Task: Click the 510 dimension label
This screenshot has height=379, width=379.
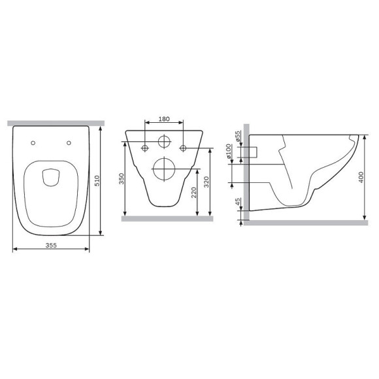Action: (97, 181)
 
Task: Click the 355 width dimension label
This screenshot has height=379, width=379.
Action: (51, 245)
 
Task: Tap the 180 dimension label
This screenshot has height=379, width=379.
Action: (164, 119)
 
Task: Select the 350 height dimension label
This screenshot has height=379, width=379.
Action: (122, 178)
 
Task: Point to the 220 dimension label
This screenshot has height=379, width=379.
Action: (194, 193)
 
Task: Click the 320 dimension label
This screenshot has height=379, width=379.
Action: (206, 182)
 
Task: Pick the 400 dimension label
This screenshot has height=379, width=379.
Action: (361, 177)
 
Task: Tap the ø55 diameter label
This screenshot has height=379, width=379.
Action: (238, 137)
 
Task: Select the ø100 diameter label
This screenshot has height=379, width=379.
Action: (229, 152)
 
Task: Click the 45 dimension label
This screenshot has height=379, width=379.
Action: (238, 202)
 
